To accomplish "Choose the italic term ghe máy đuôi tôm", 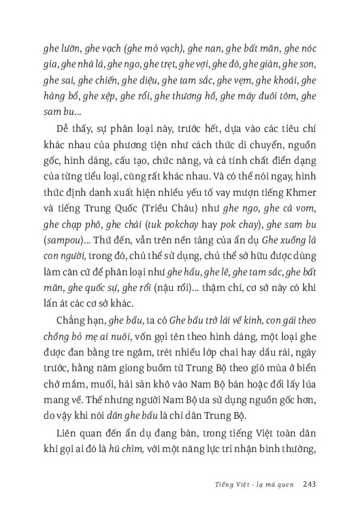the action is click(x=252, y=97).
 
